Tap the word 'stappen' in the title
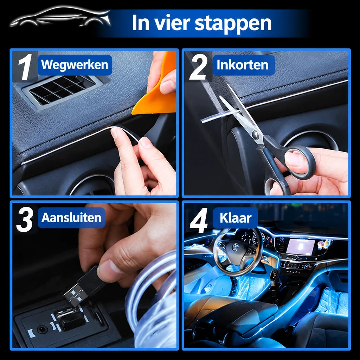[233, 23]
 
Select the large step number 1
[25, 67]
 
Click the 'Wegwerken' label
[75, 65]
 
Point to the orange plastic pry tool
[159, 92]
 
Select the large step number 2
[198, 67]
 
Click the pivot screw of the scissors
[255, 135]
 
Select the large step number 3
[25, 219]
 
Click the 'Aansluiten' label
[71, 218]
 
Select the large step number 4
[199, 220]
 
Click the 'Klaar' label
[235, 218]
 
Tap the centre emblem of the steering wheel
[234, 247]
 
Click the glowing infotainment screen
[300, 247]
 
